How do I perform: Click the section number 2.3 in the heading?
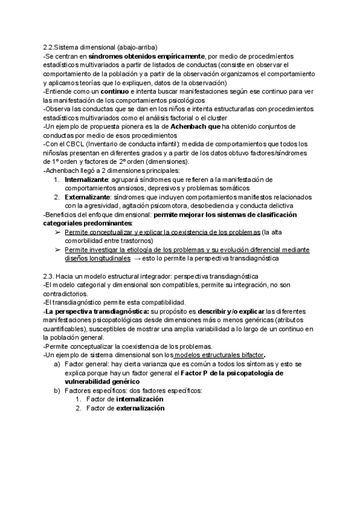click(49, 276)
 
